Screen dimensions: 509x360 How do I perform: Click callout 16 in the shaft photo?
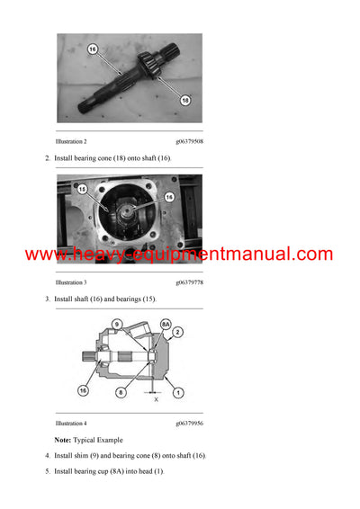[92, 49]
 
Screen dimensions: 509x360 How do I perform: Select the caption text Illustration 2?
[71, 142]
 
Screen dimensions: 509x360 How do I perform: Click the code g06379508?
[189, 142]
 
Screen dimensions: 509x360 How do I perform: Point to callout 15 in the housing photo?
[81, 190]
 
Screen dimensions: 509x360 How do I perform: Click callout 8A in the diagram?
[166, 324]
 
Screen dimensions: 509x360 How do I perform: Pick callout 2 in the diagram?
[179, 332]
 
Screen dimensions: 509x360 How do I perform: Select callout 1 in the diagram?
[179, 392]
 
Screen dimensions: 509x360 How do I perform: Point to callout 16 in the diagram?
[83, 392]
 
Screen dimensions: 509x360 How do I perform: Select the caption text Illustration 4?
[71, 423]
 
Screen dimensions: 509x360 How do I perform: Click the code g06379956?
[189, 423]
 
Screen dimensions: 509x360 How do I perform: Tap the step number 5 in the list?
[47, 471]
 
